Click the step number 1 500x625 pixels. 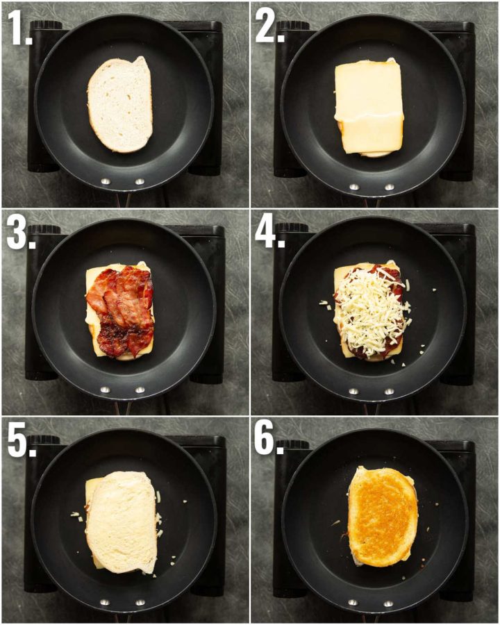tap(19, 29)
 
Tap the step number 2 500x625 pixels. tap(267, 29)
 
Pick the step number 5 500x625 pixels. tap(19, 439)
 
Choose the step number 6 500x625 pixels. tap(267, 439)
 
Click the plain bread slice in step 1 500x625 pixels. tap(121, 104)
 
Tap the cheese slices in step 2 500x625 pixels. tap(369, 107)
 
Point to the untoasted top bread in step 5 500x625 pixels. tap(122, 521)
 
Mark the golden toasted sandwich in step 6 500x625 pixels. tap(383, 516)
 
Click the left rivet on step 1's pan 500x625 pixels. tap(106, 181)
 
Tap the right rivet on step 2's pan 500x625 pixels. tap(389, 187)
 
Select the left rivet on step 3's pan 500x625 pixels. tap(106, 390)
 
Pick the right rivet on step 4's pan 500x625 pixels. tap(389, 392)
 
